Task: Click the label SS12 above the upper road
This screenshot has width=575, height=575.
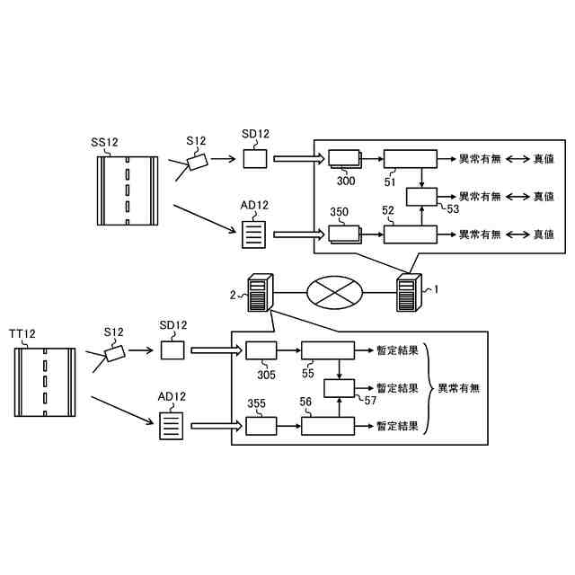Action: click(105, 143)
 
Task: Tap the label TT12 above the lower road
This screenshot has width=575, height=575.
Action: click(23, 334)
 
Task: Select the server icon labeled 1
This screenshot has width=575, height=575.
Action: click(409, 293)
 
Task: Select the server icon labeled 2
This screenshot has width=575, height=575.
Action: click(260, 293)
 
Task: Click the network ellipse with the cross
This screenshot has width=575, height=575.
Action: click(334, 292)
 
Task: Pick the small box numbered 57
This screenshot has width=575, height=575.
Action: click(338, 388)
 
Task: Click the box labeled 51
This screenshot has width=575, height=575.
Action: click(410, 158)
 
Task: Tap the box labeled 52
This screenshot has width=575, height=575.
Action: click(410, 234)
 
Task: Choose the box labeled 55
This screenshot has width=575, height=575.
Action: click(328, 350)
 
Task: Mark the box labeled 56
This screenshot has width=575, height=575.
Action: click(328, 426)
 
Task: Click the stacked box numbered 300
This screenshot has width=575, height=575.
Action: click(342, 158)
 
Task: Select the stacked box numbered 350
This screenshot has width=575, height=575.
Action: click(342, 234)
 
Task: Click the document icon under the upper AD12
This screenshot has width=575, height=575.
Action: click(254, 234)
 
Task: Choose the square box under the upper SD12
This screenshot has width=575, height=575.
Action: click(256, 159)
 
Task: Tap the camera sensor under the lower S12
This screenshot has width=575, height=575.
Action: click(115, 354)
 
